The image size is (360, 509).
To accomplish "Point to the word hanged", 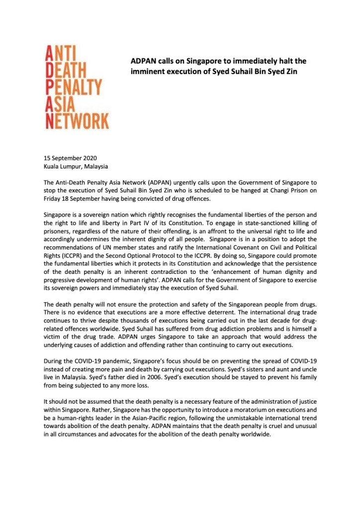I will pyautogui.click(x=227, y=191).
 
